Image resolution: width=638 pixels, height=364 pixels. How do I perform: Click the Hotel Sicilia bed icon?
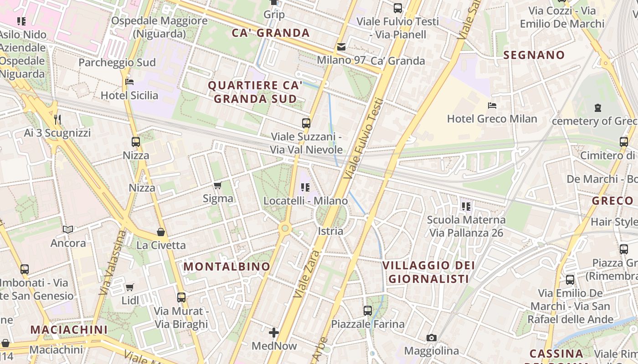[x=129, y=82]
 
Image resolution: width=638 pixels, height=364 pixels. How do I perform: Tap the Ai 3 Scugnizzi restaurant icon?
[x=57, y=120]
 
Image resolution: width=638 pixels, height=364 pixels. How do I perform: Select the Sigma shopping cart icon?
[x=218, y=185]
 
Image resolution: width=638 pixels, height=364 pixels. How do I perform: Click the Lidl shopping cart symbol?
[x=130, y=287]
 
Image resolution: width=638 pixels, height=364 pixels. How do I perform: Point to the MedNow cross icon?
[x=274, y=333]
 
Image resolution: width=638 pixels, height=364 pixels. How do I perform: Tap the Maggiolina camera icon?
[x=431, y=338]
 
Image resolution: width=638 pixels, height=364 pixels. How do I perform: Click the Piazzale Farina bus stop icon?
[x=368, y=311]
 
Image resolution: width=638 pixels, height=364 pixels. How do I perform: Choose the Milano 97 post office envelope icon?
[x=341, y=47]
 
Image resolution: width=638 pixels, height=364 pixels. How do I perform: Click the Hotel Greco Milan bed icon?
[x=492, y=106]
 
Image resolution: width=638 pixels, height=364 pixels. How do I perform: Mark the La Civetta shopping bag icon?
[x=161, y=232]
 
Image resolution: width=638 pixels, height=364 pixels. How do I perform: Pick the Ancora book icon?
[x=68, y=230]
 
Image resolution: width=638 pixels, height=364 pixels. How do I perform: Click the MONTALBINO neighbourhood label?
[x=227, y=267]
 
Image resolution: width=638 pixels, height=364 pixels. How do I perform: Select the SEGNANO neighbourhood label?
[x=534, y=55]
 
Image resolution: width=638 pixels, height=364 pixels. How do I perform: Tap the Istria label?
[x=330, y=231]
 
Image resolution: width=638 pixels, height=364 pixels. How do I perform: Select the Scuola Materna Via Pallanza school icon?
[x=466, y=207]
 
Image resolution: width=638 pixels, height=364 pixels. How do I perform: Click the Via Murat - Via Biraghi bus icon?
[x=181, y=298]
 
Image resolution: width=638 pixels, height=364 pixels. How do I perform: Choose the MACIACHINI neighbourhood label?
[x=69, y=329]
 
